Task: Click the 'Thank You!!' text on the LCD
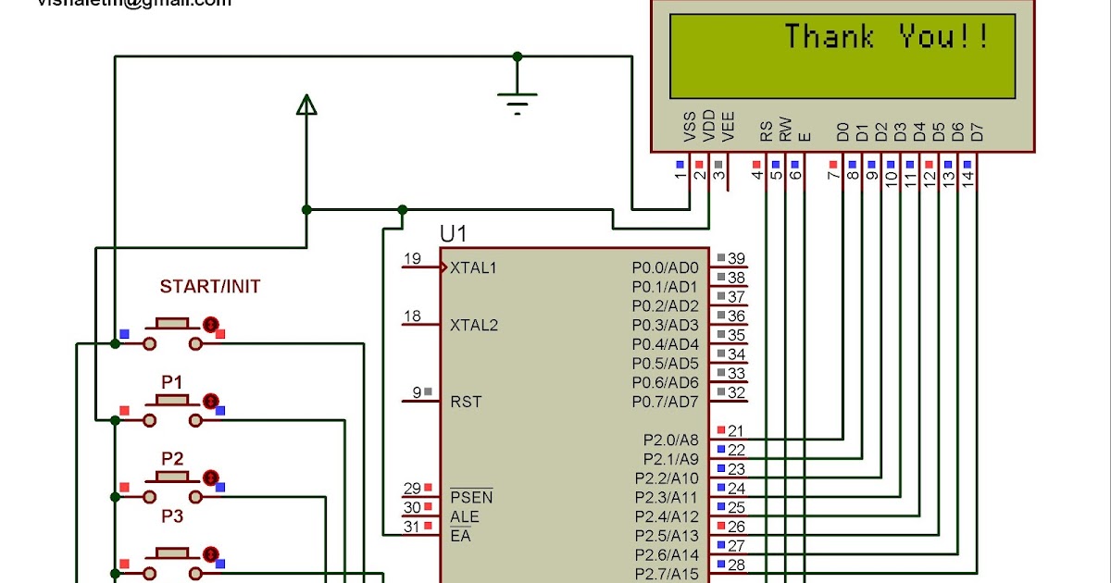click(x=887, y=38)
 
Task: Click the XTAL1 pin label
click(x=474, y=268)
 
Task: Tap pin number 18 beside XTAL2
click(x=412, y=316)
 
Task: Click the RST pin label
click(x=466, y=403)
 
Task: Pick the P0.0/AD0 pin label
click(x=665, y=267)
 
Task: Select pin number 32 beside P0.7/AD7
click(x=737, y=392)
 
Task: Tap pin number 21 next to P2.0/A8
click(x=737, y=430)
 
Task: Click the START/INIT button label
click(x=210, y=287)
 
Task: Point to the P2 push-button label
click(x=172, y=459)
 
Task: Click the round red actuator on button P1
click(x=211, y=401)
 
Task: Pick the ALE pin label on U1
click(x=465, y=516)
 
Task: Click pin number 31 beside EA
click(x=412, y=527)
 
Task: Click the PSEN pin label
click(x=471, y=498)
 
